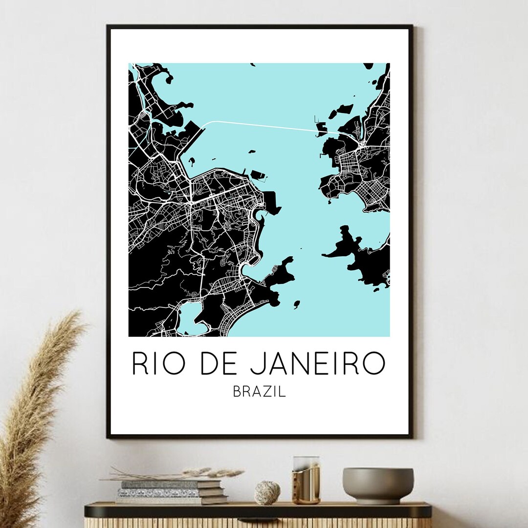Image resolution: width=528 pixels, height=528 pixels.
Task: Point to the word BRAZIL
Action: coord(260,392)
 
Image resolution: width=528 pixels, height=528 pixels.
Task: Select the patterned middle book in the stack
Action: coord(171,492)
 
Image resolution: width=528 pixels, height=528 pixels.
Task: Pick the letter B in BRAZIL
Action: coord(237,392)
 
